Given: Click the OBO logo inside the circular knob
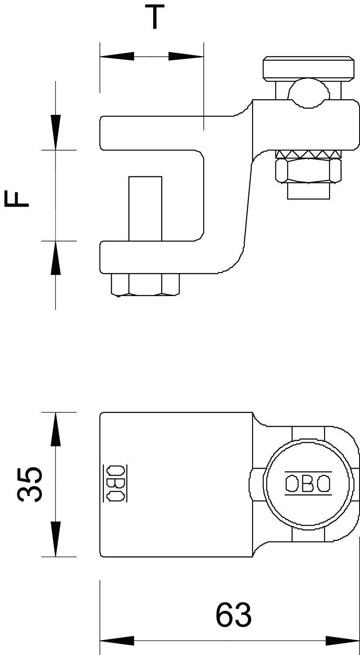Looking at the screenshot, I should (x=308, y=484).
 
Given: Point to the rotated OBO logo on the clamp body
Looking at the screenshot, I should (x=114, y=483).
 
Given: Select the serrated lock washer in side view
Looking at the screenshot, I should (x=308, y=155).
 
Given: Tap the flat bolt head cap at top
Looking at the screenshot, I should (x=308, y=69).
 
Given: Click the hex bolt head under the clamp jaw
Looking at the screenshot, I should (x=145, y=285).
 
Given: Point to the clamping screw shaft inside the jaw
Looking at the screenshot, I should (x=145, y=208).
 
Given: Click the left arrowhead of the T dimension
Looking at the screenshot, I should (x=117, y=56).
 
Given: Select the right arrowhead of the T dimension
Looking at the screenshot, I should (x=186, y=56).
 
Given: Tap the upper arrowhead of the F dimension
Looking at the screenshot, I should (x=55, y=132).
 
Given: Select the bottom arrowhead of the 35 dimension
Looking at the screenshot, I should (x=55, y=539).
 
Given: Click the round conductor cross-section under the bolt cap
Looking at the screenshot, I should (x=308, y=92).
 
